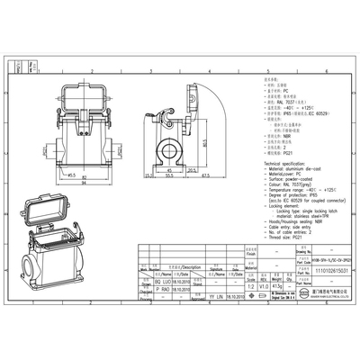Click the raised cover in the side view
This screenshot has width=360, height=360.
[x=190, y=99]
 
